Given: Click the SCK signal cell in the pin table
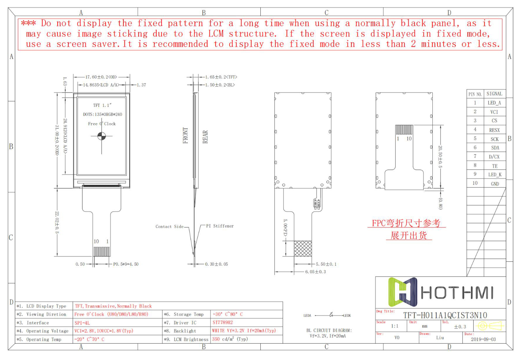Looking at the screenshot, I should pos(494,139).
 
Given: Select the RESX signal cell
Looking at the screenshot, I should pos(494,130).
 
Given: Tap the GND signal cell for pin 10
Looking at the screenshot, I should pos(495,184).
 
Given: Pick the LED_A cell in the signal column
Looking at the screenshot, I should pos(494,103).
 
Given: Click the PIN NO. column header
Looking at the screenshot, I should pos(475,94).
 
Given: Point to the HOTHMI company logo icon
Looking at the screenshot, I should pos(403,292).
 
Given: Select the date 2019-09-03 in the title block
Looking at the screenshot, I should pos(483,339).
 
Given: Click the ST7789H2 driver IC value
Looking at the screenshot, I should pos(222,323).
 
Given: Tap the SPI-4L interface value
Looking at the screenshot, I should pos(82,323).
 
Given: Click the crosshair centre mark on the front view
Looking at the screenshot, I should pos(101,136).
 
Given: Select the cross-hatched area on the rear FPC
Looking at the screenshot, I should pos(303,249).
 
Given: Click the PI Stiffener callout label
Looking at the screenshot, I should pos(220,226).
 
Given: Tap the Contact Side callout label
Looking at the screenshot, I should pos(169,226).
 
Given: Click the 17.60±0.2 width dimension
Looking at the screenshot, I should pos(101,77).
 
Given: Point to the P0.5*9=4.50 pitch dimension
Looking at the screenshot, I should pos(126,264).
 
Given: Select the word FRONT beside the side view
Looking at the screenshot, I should pos(185,135).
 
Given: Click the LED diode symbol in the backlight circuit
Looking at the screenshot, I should pos(331,315).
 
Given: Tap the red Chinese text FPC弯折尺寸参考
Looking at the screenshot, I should pos(406,223).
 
